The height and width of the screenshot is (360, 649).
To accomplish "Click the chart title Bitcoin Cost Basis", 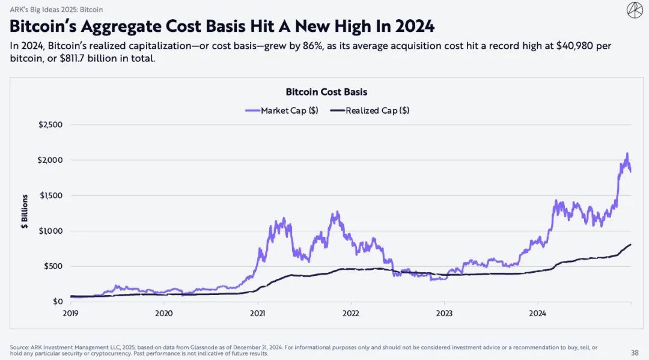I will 326,92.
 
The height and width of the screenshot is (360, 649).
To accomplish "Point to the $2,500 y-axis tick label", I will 50,125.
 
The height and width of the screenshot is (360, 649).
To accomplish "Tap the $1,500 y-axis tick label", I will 50,196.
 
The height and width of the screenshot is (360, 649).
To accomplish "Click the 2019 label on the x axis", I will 71,313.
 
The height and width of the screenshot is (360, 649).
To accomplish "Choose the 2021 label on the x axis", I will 257,313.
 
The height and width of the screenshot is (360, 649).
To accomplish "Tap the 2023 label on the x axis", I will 444,313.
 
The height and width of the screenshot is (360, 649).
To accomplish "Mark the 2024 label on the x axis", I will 537,313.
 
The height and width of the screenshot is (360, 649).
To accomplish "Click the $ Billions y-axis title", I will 25,212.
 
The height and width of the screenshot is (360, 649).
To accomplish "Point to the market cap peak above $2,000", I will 627,154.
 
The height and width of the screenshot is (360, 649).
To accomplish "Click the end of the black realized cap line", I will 630,244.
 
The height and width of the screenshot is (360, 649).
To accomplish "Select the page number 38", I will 635,352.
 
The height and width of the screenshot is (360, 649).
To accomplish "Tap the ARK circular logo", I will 635,10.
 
